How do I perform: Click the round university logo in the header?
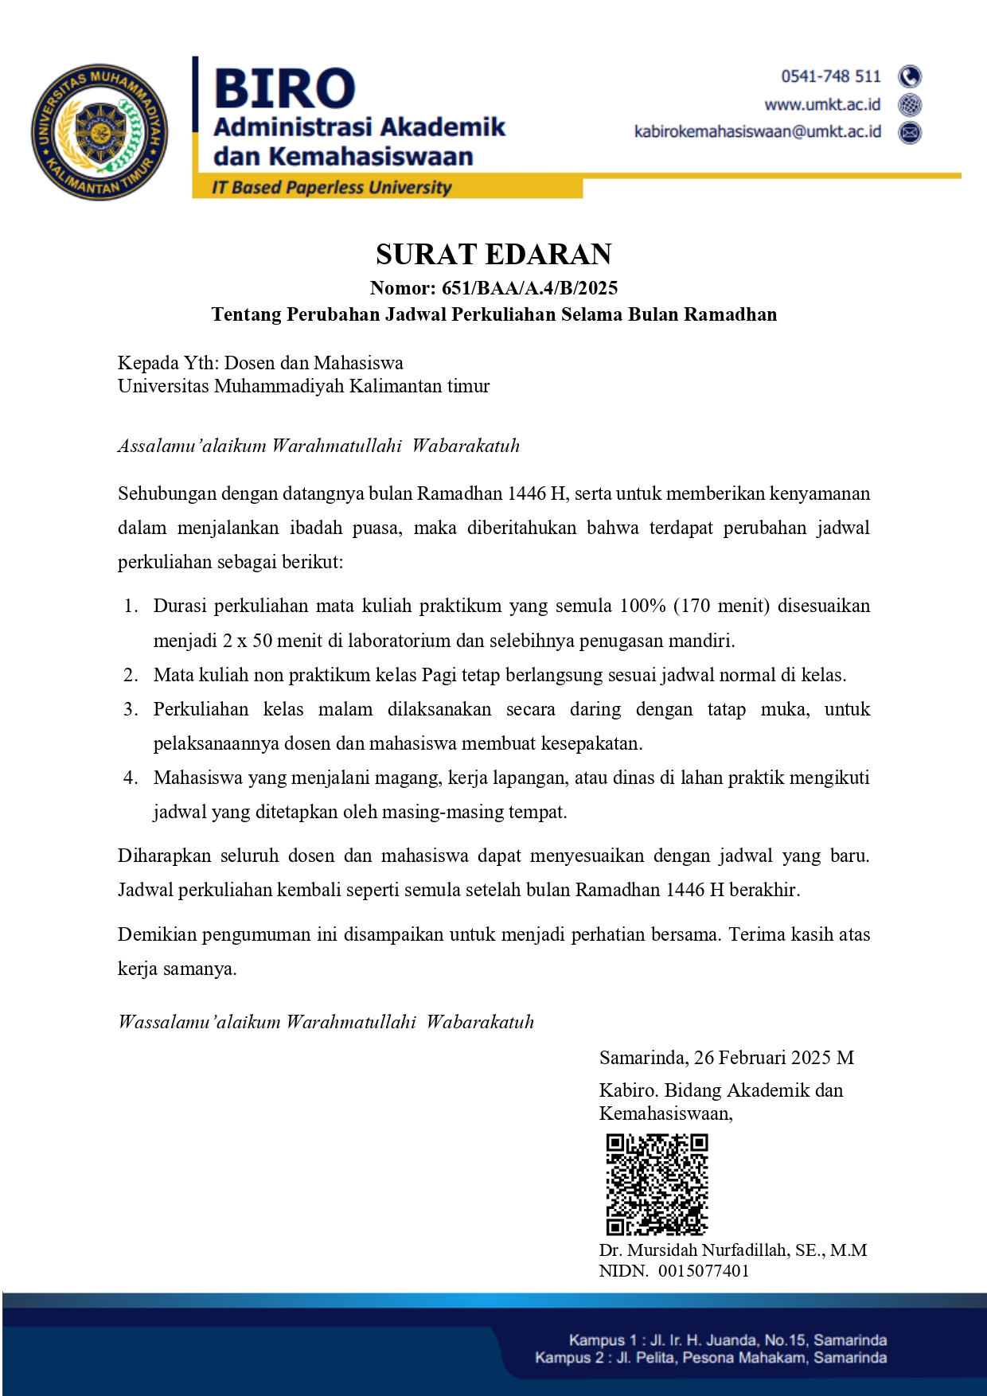tap(99, 132)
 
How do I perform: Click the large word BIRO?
tap(284, 88)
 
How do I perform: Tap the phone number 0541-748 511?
tap(831, 76)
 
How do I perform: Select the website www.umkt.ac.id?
tap(822, 104)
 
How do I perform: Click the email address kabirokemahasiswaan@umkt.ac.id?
tap(757, 131)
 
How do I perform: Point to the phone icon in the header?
tap(910, 76)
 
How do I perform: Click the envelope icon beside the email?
tap(910, 132)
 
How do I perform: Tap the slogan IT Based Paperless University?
tap(331, 188)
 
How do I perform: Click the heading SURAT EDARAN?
tap(494, 254)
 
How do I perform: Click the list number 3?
tap(131, 709)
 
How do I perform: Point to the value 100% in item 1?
tap(642, 606)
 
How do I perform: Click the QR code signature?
tap(657, 1184)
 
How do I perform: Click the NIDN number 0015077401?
tap(704, 1271)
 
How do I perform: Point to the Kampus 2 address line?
tap(710, 1358)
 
